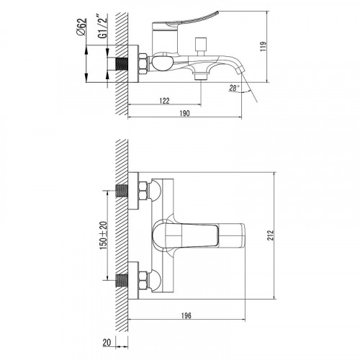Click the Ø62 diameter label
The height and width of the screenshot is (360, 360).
81,27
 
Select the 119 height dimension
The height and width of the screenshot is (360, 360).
264,46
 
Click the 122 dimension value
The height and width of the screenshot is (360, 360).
164,101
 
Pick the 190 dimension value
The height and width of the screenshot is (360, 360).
184,113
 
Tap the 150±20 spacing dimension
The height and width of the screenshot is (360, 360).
104,235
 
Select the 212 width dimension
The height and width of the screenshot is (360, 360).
271,235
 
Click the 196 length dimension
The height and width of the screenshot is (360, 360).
186,315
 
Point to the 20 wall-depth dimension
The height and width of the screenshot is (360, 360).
107,342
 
